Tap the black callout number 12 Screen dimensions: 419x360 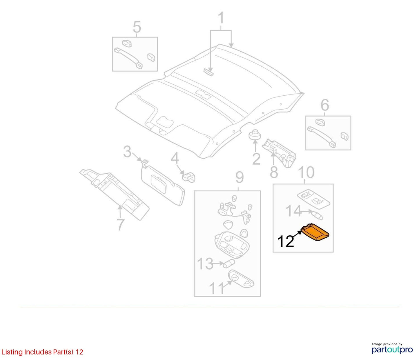click(x=286, y=241)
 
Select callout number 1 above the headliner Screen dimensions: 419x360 click(x=221, y=18)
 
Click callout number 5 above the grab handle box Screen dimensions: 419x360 click(x=137, y=27)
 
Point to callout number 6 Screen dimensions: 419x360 click(x=325, y=105)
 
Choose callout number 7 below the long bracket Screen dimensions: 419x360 click(x=120, y=225)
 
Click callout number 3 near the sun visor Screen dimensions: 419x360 click(x=127, y=152)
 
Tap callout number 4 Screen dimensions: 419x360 click(x=175, y=158)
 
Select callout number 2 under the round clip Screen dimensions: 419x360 click(x=256, y=159)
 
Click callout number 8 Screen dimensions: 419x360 click(x=274, y=172)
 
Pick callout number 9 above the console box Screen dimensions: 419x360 click(x=240, y=177)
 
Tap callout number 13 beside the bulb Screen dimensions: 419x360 click(x=205, y=264)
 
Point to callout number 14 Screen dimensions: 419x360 click(x=294, y=211)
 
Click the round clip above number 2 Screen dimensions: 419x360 click(x=255, y=135)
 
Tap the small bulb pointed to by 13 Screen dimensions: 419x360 click(x=229, y=264)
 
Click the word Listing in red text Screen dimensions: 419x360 click(x=12, y=352)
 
